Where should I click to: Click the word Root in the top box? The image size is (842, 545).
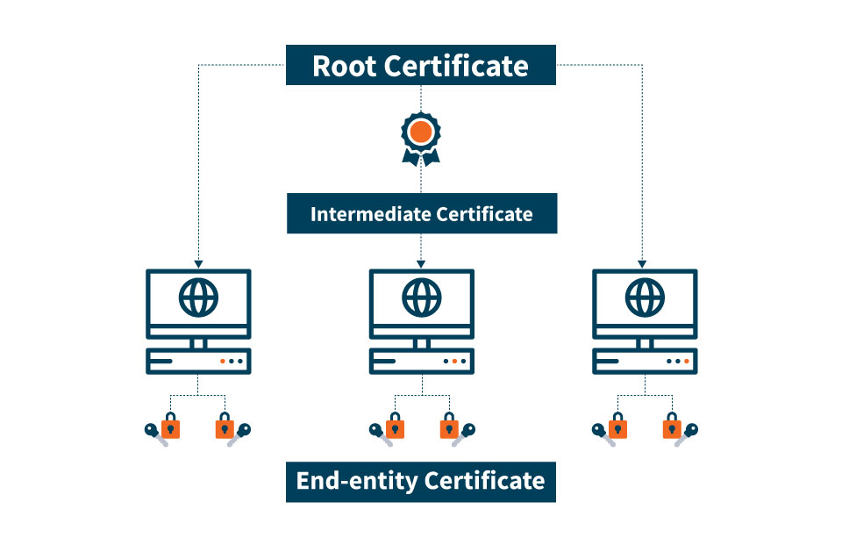pyautogui.click(x=344, y=66)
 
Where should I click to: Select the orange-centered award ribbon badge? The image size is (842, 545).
pyautogui.click(x=421, y=139)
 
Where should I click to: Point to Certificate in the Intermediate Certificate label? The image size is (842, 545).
pyautogui.click(x=484, y=214)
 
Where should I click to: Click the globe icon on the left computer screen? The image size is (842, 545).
pyautogui.click(x=199, y=298)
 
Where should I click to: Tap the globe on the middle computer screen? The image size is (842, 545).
pyautogui.click(x=422, y=298)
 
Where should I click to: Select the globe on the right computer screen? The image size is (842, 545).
pyautogui.click(x=645, y=298)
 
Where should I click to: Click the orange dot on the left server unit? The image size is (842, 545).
pyautogui.click(x=222, y=362)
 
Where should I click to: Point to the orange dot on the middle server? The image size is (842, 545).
pyautogui.click(x=454, y=362)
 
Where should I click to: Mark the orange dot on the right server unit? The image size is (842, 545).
pyautogui.click(x=686, y=362)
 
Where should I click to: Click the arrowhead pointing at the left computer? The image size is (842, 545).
pyautogui.click(x=199, y=264)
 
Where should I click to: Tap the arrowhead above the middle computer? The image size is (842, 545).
pyautogui.click(x=421, y=264)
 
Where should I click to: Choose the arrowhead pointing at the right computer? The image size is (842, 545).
pyautogui.click(x=642, y=264)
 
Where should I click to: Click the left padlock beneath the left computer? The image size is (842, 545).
pyautogui.click(x=170, y=426)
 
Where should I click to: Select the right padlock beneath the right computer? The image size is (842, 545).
pyautogui.click(x=672, y=426)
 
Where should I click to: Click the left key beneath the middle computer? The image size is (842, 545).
pyautogui.click(x=380, y=434)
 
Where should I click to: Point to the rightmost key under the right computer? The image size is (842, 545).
pyautogui.click(x=687, y=434)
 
